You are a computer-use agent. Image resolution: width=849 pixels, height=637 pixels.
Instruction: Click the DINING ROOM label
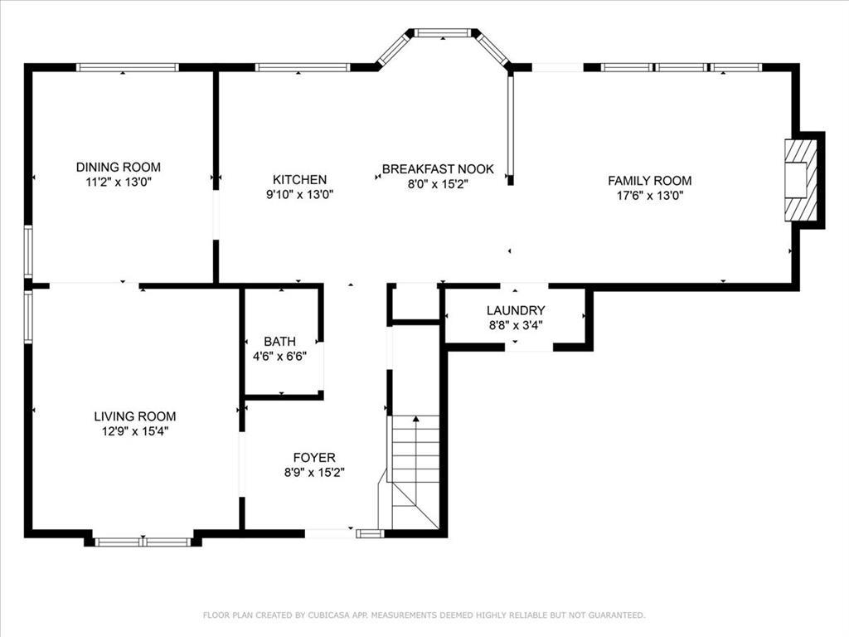pos(118,167)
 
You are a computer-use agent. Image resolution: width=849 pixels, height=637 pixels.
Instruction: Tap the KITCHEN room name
pos(299,179)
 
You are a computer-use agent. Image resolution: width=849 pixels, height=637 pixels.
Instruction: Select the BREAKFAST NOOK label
pos(438,169)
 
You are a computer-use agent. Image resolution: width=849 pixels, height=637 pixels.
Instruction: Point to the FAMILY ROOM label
pos(650,180)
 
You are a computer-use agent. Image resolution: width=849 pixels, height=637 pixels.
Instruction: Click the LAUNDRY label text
pos(516,310)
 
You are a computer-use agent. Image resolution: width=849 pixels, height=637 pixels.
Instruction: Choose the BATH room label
pos(280,341)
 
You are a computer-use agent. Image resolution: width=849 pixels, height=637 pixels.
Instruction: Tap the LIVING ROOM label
pos(135,416)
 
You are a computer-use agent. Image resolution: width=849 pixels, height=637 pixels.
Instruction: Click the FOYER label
pos(314,457)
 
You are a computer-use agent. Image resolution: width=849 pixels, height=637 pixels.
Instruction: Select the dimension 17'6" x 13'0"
pos(650,196)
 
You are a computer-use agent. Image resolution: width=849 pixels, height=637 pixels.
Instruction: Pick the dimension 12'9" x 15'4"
pos(135,431)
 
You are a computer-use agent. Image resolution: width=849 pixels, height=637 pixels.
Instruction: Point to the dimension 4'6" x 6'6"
pos(280,357)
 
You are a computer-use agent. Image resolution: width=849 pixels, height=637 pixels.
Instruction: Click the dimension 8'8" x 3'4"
pos(516,325)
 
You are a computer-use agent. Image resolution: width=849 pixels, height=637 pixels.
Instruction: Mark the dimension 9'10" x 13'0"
pos(299,194)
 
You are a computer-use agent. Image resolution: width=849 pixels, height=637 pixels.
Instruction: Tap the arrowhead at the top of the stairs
pos(416,418)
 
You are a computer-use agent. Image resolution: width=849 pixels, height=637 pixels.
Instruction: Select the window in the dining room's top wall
pos(127,67)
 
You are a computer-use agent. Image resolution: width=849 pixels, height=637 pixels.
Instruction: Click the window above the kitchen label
pos(303,67)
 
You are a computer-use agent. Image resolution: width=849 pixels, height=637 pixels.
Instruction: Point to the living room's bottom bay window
pos(143,541)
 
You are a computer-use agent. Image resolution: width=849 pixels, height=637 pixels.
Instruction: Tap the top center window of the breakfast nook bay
pos(443,33)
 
